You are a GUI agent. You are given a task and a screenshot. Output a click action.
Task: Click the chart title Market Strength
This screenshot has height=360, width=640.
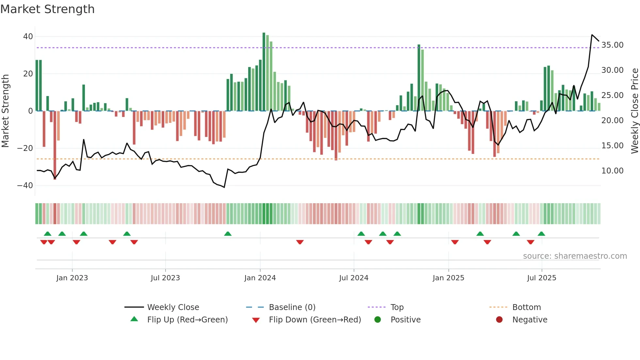[47, 9]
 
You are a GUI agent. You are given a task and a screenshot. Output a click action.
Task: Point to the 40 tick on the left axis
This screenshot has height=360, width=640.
[28, 37]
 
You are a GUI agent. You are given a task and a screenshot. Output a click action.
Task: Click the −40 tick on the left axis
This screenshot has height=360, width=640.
[25, 186]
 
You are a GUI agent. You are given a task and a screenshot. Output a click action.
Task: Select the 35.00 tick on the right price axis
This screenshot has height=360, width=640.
[612, 45]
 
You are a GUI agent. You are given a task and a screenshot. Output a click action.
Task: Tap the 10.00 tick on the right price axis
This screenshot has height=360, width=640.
[612, 171]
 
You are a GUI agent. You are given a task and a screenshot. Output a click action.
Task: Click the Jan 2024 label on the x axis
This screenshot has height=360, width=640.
[260, 278]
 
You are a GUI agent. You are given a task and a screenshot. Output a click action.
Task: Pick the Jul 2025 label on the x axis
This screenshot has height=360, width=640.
[541, 278]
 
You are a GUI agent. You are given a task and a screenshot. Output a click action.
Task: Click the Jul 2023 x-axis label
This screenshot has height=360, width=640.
[165, 278]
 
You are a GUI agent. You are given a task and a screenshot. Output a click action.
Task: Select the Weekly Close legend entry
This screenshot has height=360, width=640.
[173, 307]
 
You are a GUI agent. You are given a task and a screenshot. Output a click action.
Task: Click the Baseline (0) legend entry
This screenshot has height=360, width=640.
[292, 307]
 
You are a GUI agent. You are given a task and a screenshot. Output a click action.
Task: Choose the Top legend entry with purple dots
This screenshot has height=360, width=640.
[397, 307]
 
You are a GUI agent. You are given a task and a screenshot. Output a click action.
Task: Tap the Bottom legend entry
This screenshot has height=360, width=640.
[526, 307]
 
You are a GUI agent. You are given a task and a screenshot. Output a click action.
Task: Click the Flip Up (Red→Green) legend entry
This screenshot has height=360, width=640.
[187, 320]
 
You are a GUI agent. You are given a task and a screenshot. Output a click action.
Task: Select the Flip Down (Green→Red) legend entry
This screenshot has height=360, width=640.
[315, 320]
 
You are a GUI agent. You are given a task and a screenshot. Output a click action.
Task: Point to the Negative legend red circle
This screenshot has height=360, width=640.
[499, 320]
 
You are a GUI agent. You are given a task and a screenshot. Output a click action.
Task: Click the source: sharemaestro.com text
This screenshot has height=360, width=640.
[575, 256]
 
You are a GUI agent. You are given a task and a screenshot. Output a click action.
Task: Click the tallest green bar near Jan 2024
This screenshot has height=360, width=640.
[264, 72]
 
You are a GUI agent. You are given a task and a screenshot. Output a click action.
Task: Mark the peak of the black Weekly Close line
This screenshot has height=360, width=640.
[592, 35]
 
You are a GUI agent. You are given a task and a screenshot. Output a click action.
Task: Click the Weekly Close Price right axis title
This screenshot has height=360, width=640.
[634, 111]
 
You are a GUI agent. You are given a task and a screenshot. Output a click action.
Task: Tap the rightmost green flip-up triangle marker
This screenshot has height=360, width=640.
[541, 234]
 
